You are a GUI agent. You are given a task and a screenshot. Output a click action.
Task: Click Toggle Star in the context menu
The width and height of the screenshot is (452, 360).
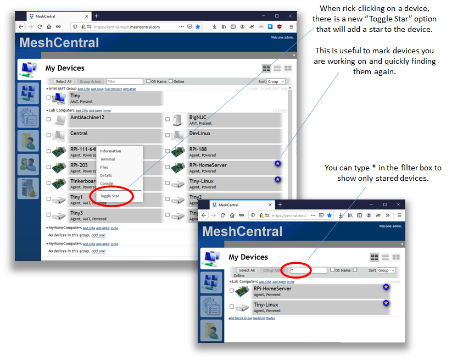[x=109, y=196]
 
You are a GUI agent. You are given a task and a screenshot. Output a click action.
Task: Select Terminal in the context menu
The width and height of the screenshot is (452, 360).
[x=108, y=159]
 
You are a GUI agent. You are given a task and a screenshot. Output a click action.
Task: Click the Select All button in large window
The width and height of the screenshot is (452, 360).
[x=63, y=81]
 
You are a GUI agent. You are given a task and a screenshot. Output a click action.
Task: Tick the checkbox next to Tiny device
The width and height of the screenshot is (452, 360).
[x=48, y=98]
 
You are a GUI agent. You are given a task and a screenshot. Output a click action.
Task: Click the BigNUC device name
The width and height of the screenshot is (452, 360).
[x=198, y=117]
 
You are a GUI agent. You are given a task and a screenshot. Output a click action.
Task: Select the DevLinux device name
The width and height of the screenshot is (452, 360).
[x=200, y=133]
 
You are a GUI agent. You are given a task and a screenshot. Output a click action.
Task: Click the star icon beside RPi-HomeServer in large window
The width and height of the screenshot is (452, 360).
[x=278, y=164]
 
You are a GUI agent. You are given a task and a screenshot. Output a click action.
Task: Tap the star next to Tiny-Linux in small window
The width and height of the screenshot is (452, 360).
[x=386, y=303]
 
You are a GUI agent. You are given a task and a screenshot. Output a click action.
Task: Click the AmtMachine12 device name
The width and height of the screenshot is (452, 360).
[x=87, y=117]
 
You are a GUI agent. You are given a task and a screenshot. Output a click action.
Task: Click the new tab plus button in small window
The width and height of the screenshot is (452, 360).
[x=280, y=204]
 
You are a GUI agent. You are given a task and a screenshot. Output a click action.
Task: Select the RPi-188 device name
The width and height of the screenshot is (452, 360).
[x=198, y=149]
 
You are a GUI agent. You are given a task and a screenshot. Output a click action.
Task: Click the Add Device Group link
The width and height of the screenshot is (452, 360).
[x=240, y=318]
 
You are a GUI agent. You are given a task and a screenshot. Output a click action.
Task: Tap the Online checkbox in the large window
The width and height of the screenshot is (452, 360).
[x=170, y=81]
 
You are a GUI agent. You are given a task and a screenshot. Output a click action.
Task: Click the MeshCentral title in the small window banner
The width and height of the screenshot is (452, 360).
[x=242, y=231]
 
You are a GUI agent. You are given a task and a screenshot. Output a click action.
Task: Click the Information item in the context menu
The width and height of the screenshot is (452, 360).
[x=110, y=151]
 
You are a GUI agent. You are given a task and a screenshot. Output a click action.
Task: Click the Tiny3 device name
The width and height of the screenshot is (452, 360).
[x=76, y=213]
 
